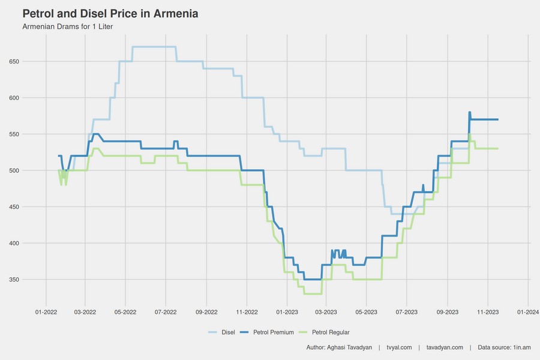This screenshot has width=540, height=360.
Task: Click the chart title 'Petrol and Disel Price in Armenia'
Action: [110, 13]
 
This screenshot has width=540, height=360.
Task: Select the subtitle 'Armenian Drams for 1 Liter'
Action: [67, 27]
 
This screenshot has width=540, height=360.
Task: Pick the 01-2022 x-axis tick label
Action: [46, 312]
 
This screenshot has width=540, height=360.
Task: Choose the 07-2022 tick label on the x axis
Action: [166, 312]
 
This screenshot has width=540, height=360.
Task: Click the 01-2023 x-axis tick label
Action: [287, 312]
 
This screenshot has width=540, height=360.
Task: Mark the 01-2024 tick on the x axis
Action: [527, 312]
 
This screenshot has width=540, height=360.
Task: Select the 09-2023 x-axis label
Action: [448, 312]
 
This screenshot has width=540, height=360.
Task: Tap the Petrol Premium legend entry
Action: [273, 332]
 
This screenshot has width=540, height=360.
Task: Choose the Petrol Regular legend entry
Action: [331, 332]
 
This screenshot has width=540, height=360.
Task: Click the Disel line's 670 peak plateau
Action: [154, 47]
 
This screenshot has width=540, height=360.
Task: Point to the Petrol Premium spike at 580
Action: [469, 113]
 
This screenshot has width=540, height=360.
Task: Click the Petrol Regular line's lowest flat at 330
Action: [313, 294]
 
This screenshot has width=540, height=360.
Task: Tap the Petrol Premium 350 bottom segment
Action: [313, 280]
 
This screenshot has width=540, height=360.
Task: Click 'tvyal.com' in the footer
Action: [399, 347]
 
